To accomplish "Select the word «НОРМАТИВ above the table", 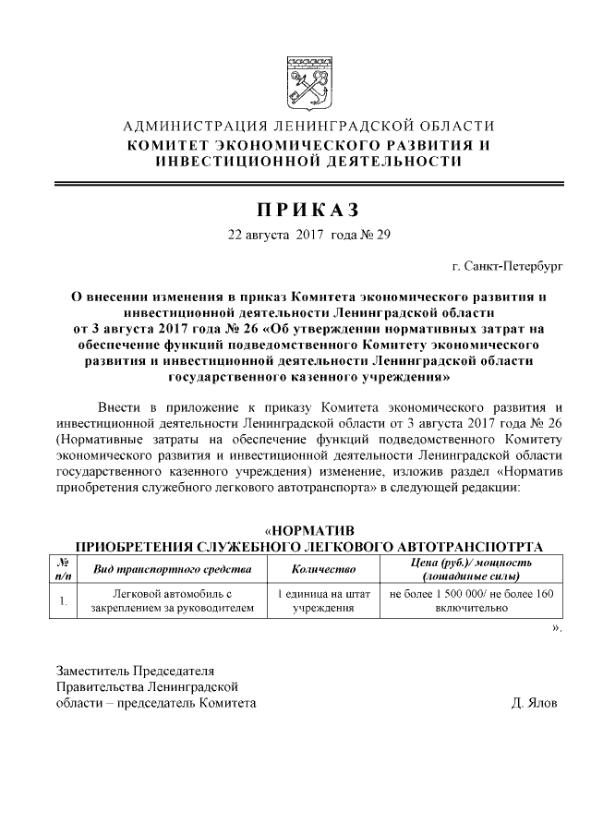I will coord(310,530).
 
